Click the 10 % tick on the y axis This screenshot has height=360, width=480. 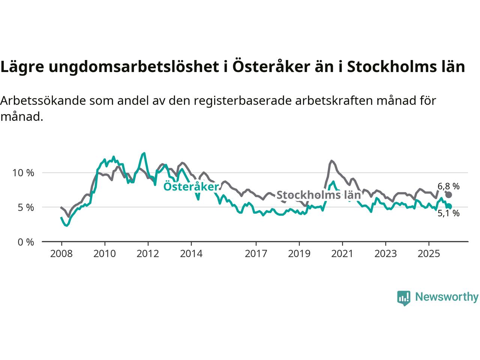[23, 173]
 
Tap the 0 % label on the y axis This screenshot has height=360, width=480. [25, 242]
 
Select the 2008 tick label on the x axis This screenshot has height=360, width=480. [61, 254]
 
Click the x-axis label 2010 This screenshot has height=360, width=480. [105, 254]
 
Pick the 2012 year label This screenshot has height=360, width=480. [148, 254]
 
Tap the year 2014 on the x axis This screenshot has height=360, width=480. [191, 254]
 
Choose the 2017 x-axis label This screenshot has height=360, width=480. [256, 254]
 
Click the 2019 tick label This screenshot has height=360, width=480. [299, 254]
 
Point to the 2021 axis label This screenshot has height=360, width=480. [342, 254]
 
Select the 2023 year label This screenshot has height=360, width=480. [385, 254]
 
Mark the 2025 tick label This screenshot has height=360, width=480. [429, 254]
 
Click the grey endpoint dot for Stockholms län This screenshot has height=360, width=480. [448, 195]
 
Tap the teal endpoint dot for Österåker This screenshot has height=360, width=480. [449, 206]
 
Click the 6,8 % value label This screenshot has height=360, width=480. [448, 186]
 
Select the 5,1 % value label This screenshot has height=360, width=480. [448, 214]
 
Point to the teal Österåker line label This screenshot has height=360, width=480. [191, 187]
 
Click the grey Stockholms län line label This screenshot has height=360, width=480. [318, 195]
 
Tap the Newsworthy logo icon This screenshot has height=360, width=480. [403, 298]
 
